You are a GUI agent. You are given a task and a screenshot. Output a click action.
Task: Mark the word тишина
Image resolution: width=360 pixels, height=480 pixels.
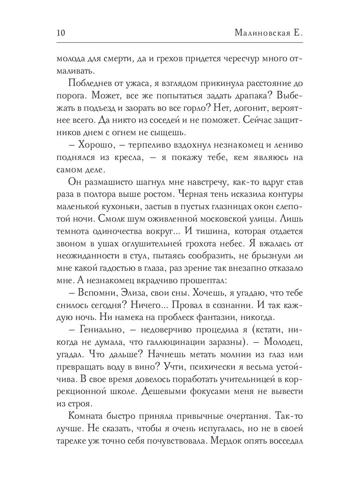coord(220,232)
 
